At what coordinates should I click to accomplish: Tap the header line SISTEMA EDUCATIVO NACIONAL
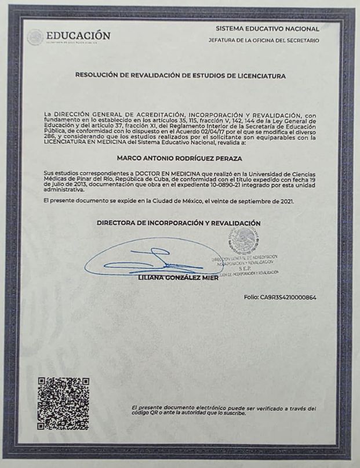(267, 28)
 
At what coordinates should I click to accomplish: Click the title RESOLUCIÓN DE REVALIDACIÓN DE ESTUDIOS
(180, 75)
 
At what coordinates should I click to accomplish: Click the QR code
(63, 403)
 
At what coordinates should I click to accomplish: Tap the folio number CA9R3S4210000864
(281, 298)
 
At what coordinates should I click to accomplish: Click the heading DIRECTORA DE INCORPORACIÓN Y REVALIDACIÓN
(179, 223)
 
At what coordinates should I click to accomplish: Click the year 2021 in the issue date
(286, 201)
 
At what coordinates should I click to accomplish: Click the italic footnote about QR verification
(224, 411)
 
